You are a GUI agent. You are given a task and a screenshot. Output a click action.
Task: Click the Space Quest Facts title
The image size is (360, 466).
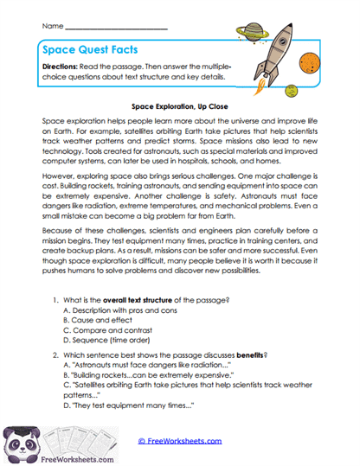(94, 50)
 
